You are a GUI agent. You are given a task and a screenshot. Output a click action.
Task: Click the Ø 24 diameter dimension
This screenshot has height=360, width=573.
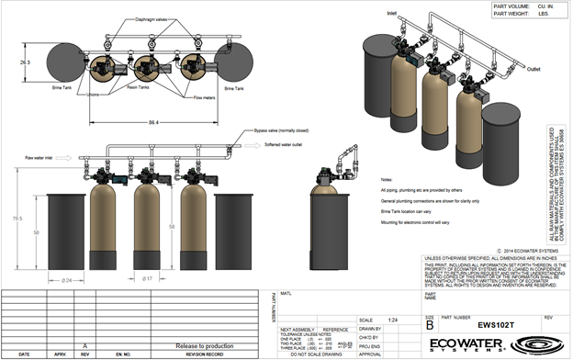pyautogui.click(x=66, y=279)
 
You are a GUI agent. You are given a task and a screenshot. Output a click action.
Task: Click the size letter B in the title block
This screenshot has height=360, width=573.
pyautogui.click(x=429, y=325)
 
